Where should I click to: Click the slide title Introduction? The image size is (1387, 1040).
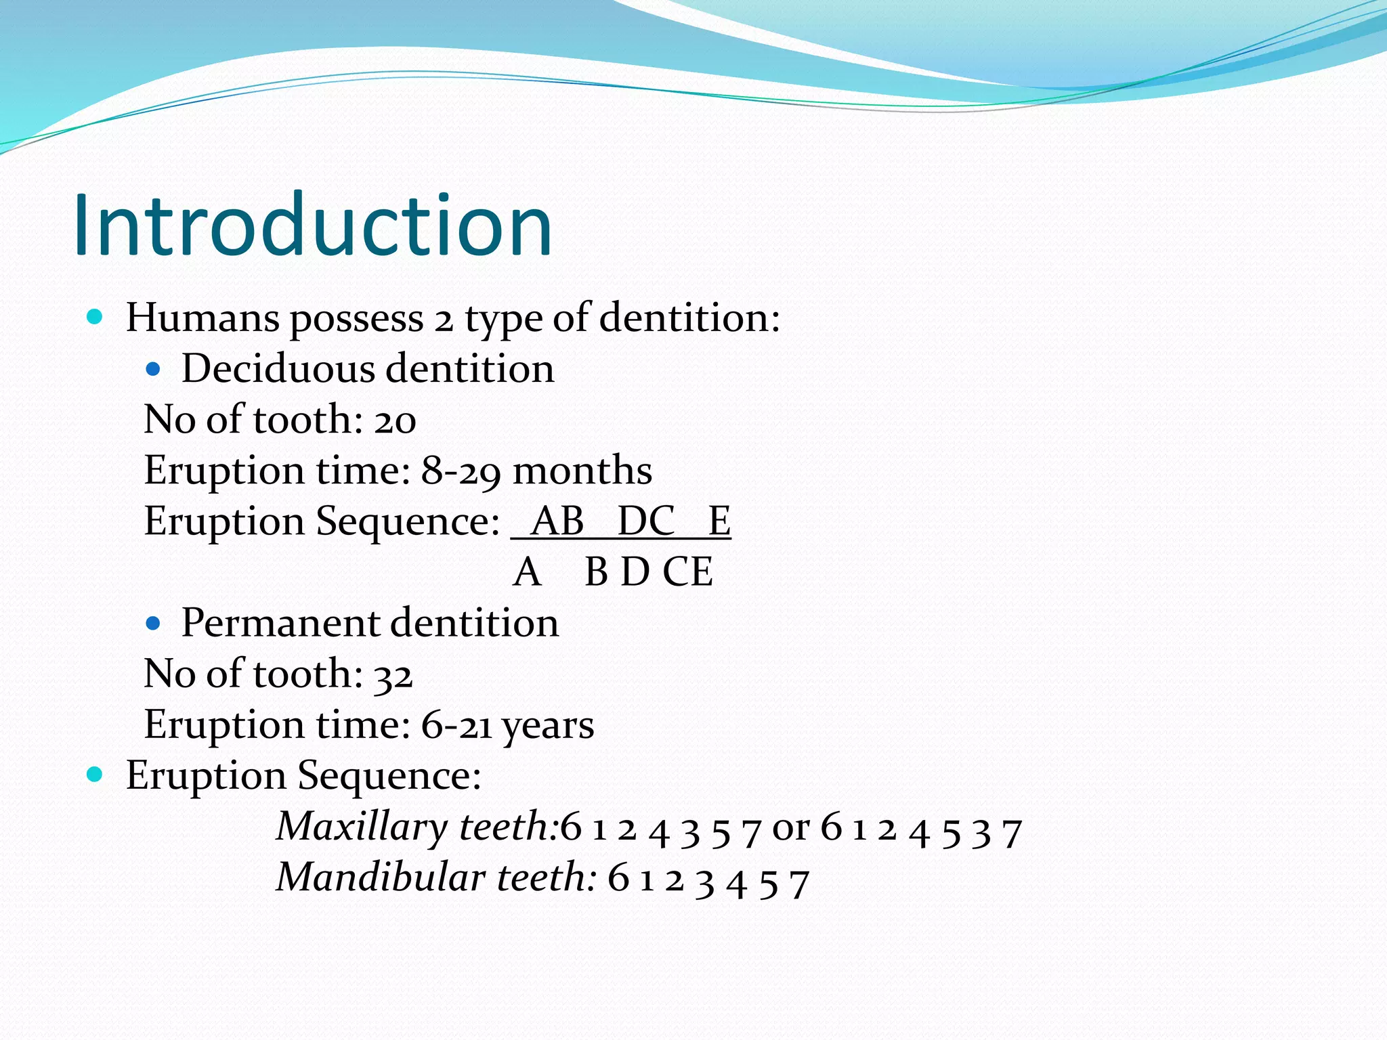point(313,225)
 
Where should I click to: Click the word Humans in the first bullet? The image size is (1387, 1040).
point(202,318)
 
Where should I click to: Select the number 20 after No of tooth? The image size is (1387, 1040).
point(395,420)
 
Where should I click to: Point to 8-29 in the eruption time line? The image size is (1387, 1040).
point(461,471)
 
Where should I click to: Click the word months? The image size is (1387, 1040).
point(582,471)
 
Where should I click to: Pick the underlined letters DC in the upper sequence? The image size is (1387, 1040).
point(646,521)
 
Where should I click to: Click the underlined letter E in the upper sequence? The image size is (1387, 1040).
point(719,521)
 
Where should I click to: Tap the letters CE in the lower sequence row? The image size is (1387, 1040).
point(687,572)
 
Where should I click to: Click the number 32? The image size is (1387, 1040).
point(393,675)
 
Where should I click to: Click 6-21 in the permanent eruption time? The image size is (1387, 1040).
point(456,725)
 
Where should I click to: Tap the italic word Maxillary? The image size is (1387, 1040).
point(362,827)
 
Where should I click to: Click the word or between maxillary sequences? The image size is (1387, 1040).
point(790,828)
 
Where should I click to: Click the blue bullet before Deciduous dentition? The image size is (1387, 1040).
point(154,370)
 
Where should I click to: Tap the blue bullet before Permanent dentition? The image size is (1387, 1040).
point(154,624)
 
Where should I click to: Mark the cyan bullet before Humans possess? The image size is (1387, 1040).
point(95,317)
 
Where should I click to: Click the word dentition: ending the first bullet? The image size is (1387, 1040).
point(689,318)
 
